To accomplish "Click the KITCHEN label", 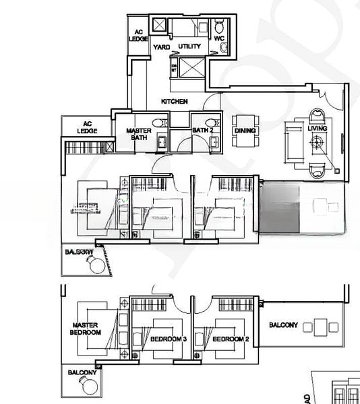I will tap(173, 102).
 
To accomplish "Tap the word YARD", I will tap(161, 47).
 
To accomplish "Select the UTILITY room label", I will tap(189, 47).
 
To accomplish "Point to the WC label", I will tap(218, 39).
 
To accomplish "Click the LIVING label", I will tap(317, 128).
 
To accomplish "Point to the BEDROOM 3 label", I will tap(169, 339).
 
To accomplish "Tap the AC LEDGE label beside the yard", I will tap(138, 36).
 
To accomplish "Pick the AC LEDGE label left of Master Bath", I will tap(87, 127).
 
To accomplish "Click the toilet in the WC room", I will tap(218, 27).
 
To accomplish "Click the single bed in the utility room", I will tap(184, 28).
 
